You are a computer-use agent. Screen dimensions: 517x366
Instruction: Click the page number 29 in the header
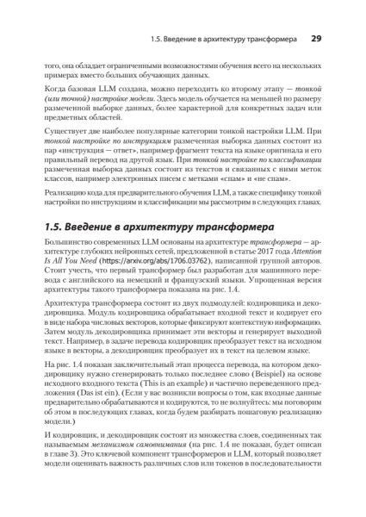point(315,38)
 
